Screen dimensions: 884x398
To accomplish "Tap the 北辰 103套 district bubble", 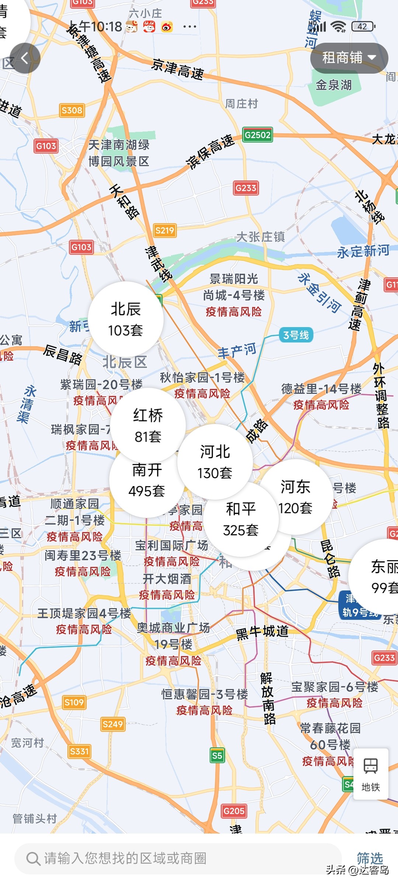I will [125, 319].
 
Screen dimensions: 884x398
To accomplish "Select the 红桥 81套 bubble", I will [148, 425].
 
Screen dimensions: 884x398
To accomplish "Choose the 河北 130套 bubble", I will [215, 462].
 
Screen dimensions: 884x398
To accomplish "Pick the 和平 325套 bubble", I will [241, 519].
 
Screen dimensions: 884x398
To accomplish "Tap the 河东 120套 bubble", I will [295, 497].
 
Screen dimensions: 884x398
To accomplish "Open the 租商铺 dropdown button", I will [349, 58].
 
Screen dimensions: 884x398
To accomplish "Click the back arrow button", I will [25, 58].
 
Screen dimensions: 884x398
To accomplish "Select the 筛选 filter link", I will [370, 858].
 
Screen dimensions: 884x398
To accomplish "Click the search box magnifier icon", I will [33, 859].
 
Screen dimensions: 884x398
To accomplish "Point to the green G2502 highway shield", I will [258, 135].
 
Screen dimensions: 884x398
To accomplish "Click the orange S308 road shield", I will [72, 110].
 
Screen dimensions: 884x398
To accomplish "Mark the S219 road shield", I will [164, 231].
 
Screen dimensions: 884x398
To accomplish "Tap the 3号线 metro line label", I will [296, 335].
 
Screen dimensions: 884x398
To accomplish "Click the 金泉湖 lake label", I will [334, 85].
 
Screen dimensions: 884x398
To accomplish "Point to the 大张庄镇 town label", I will [260, 237].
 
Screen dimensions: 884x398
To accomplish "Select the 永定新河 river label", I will [363, 251].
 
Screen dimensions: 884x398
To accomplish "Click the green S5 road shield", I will [217, 756].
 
